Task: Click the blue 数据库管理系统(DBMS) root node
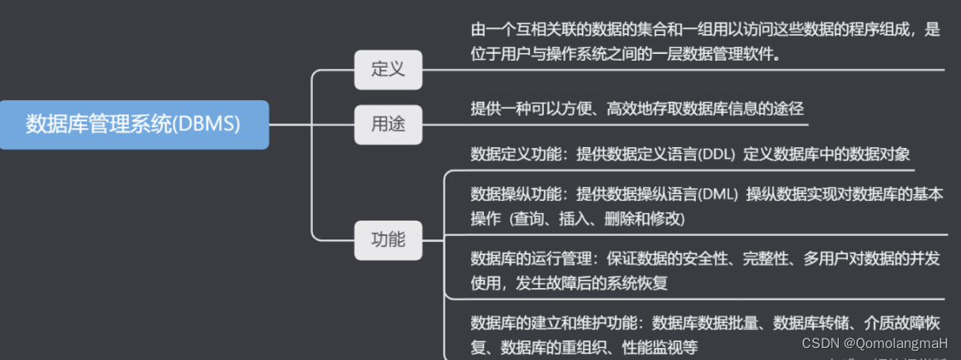133,124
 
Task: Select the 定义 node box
388,69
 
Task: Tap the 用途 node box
388,125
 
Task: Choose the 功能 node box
388,239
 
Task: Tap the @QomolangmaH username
896,342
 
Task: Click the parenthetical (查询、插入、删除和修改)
598,218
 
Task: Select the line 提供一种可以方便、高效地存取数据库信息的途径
637,109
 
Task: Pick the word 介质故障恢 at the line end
906,323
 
